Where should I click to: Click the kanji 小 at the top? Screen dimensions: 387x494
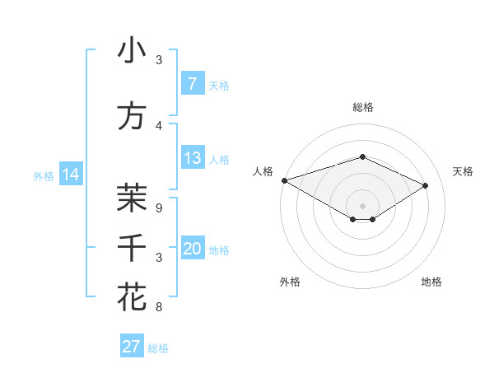point(132,50)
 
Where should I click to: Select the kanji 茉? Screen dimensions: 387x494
point(132,197)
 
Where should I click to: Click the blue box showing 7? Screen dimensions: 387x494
point(192,84)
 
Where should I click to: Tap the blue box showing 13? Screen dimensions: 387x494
point(192,158)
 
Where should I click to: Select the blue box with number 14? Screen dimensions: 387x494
point(70,175)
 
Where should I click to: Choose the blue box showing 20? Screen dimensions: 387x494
point(192,249)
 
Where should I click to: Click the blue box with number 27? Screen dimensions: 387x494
point(131,347)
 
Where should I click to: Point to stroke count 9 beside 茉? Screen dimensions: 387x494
point(159,208)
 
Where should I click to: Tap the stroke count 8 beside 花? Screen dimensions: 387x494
point(159,307)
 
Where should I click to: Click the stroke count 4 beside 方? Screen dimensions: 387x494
point(159,126)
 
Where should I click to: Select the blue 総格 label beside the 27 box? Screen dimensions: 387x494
point(158,348)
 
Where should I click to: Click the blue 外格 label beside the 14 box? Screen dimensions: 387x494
point(44,175)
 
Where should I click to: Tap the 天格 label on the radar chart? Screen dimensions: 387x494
point(463,171)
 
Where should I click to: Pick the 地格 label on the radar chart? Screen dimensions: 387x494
point(431,282)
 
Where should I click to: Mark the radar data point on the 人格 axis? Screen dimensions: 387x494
point(284,180)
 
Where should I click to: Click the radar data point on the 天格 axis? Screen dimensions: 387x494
point(426,185)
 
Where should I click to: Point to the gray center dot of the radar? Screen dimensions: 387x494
point(362,204)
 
